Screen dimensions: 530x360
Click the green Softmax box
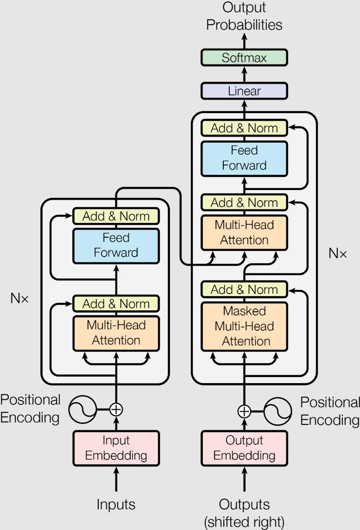[244, 57]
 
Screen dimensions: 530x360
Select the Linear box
[244, 91]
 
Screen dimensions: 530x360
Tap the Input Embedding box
[116, 448]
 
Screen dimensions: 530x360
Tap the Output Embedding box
[244, 448]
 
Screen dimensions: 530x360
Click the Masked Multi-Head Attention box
[244, 326]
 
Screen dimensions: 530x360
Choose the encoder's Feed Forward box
[116, 246]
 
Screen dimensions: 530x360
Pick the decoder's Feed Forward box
[244, 158]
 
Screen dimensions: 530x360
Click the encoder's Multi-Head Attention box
[116, 333]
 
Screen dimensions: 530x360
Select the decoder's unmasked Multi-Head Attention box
[244, 233]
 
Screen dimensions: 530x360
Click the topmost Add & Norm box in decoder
[244, 128]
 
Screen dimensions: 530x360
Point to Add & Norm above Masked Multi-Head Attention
[244, 290]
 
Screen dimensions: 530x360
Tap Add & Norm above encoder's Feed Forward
[116, 216]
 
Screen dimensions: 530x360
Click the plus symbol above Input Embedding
[116, 409]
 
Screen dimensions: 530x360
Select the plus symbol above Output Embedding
[244, 411]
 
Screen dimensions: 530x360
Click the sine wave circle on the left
[82, 409]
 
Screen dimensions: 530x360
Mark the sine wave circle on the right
[278, 411]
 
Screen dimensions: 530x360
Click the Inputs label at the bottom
[116, 505]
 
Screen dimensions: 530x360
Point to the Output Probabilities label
[244, 16]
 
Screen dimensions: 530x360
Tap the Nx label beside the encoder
[19, 299]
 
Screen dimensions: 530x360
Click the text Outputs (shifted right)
[244, 512]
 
